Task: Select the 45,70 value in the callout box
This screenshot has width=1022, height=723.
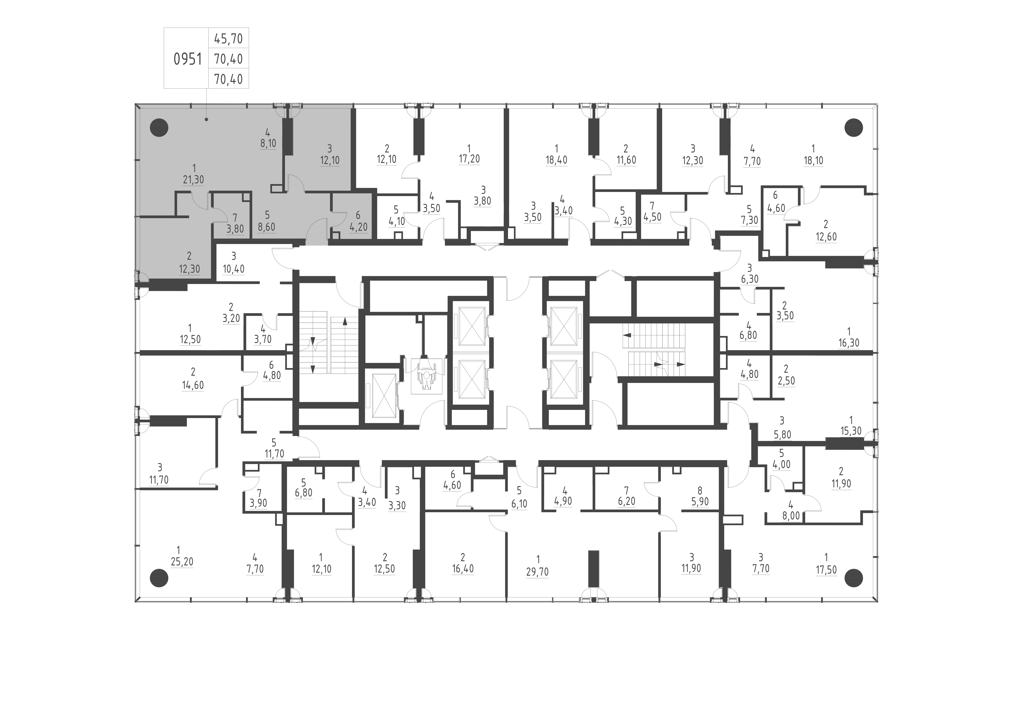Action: coord(228,39)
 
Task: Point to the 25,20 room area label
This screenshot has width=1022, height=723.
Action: coord(182,562)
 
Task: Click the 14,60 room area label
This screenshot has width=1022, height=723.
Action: coord(193,385)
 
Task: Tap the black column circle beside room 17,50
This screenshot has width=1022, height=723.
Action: coord(853,578)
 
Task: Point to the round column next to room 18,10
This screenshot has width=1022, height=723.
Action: coord(853,128)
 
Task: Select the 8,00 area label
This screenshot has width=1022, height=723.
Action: coord(791,516)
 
